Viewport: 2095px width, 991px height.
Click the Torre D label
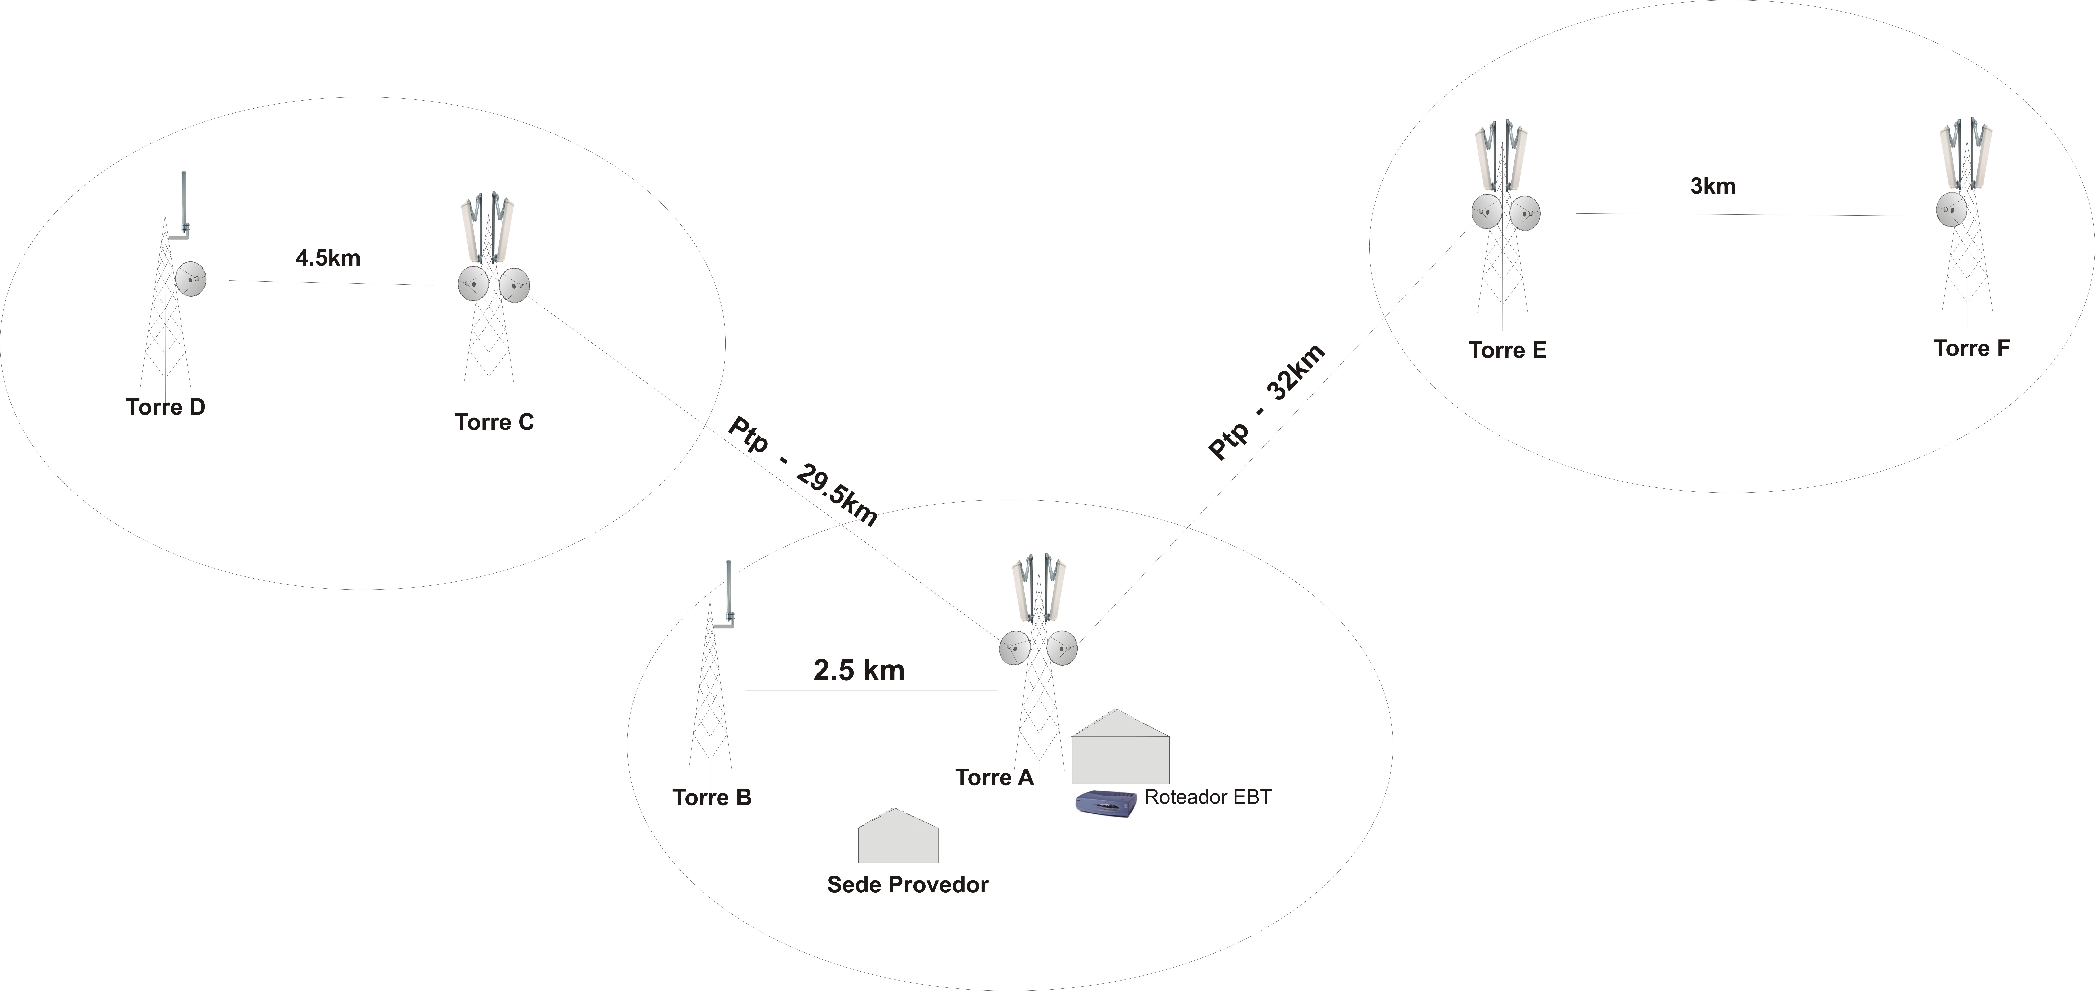(166, 407)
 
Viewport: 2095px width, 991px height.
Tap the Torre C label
(494, 422)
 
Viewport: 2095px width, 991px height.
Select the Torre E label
(1508, 350)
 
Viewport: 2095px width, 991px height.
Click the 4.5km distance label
(328, 258)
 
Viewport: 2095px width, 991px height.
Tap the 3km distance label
(1713, 186)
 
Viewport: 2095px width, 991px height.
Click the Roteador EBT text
(1208, 797)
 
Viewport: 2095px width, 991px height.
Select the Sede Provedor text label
(908, 885)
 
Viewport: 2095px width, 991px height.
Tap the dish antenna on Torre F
(1951, 209)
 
